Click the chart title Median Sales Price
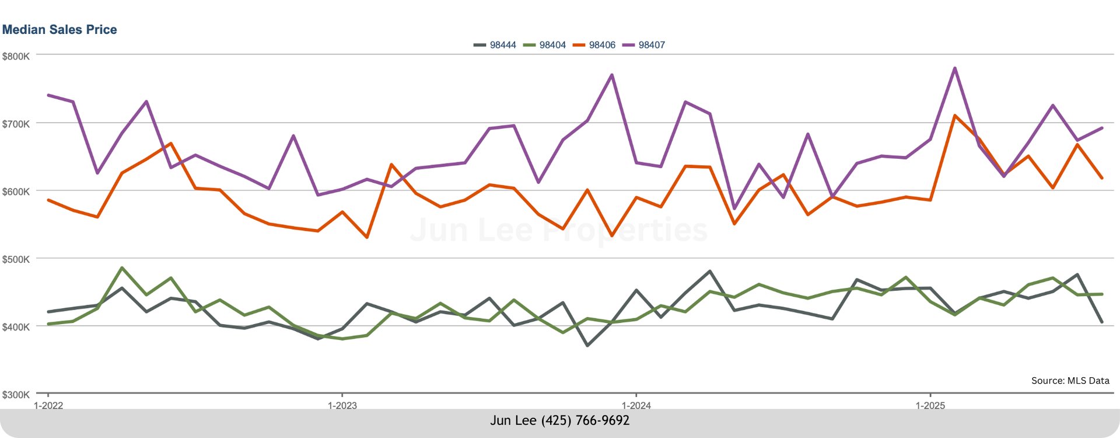tap(60, 30)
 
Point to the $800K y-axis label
tap(16, 57)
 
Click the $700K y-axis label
tap(16, 124)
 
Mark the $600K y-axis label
tap(16, 192)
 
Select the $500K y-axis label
tap(16, 259)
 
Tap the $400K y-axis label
tap(16, 327)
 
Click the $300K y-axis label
tap(16, 395)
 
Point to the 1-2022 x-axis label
tap(48, 405)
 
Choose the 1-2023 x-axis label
tap(342, 405)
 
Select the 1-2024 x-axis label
tap(636, 405)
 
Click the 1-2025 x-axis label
tap(930, 405)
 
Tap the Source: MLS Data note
tap(1070, 381)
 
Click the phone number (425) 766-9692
tap(585, 420)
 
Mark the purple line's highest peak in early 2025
tap(955, 68)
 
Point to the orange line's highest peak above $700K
tap(955, 116)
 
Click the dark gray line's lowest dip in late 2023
tap(587, 345)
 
